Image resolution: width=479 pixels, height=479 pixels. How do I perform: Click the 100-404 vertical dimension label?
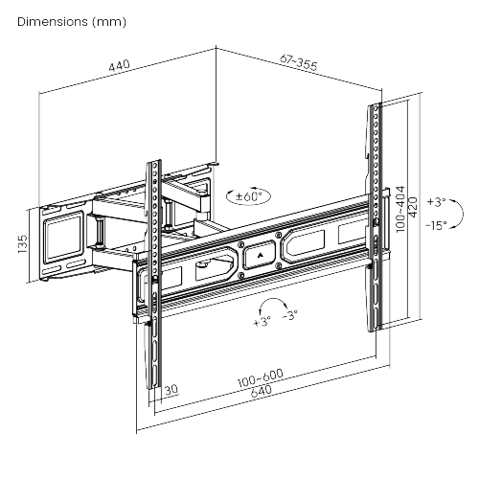coord(400,208)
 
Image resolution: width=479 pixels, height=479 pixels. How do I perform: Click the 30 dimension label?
coord(171,391)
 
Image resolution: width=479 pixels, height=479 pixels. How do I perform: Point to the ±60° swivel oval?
coord(248,196)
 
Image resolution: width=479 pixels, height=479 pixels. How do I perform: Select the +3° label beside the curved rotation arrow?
coord(262,322)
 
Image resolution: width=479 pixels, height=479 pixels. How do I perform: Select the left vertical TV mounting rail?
coord(153,278)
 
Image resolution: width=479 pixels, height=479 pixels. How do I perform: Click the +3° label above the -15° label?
coord(436,202)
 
